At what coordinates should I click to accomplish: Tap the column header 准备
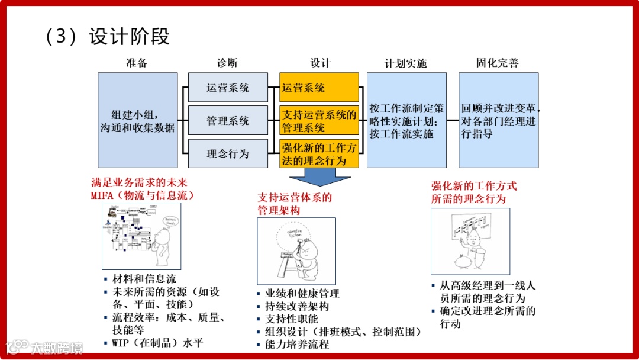click(137, 63)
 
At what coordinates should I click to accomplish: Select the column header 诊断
click(227, 63)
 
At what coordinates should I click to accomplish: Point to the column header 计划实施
click(405, 63)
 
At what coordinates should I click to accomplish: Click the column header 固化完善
click(498, 63)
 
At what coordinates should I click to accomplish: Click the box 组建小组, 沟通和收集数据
click(137, 120)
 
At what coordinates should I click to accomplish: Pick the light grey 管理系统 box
click(228, 121)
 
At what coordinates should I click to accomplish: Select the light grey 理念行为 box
click(228, 154)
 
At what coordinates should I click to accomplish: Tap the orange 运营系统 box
click(319, 88)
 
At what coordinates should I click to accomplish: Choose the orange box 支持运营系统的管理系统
click(319, 121)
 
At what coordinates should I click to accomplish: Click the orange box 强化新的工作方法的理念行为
click(319, 154)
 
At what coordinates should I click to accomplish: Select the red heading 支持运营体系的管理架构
click(295, 204)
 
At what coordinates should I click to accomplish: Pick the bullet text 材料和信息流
click(144, 278)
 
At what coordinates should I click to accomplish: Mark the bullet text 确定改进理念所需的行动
click(488, 317)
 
